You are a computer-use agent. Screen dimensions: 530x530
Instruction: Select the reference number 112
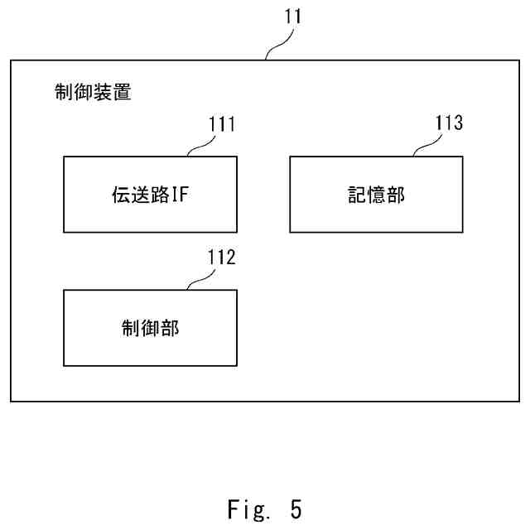tap(221, 257)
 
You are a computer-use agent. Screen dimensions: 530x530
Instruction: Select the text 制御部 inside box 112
tap(150, 328)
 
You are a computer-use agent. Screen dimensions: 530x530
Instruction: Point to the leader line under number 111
tap(201, 147)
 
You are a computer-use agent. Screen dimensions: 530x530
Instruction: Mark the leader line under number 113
tap(427, 147)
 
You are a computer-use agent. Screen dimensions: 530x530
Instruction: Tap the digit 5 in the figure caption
tap(296, 508)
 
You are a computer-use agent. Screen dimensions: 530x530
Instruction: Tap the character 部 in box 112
tap(170, 328)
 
